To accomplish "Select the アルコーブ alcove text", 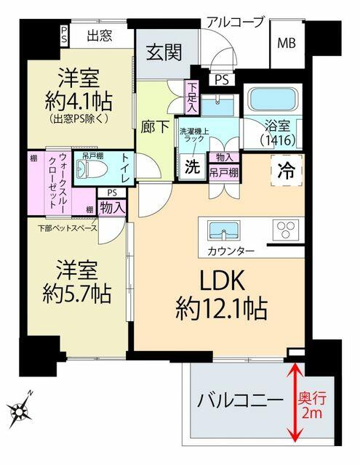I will [x=235, y=22].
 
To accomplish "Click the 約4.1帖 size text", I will [x=77, y=98].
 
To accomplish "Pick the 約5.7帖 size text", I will [x=76, y=293].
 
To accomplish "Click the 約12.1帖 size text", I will [x=221, y=310].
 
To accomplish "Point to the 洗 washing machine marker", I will [x=191, y=166].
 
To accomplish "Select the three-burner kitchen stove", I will [x=282, y=230].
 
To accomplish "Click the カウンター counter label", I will [x=231, y=251].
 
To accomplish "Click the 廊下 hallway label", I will [x=154, y=126].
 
